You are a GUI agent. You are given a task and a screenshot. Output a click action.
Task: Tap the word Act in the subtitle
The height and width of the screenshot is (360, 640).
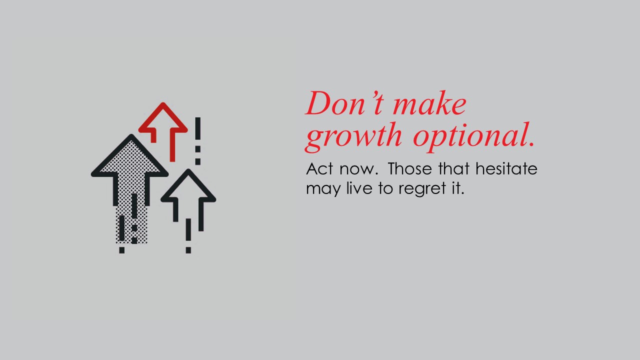(319, 168)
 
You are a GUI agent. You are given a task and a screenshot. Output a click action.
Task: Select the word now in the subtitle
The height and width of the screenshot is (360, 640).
(359, 170)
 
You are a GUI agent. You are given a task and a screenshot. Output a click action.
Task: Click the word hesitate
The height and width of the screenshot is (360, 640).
(506, 168)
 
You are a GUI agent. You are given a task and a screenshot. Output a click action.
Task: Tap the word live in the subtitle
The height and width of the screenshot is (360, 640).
(359, 188)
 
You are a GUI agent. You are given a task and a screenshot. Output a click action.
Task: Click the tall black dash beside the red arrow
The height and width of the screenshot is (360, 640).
(197, 128)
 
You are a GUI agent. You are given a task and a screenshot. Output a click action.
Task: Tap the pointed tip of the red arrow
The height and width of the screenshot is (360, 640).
(163, 102)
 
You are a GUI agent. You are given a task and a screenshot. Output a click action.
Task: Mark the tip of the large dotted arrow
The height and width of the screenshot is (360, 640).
(131, 134)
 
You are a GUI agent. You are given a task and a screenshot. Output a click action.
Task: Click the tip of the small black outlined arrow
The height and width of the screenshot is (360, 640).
(188, 169)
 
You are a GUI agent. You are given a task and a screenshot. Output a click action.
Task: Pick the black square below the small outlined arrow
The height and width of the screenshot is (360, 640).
(188, 250)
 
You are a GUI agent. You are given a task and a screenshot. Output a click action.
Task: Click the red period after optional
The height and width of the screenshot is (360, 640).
(531, 144)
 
